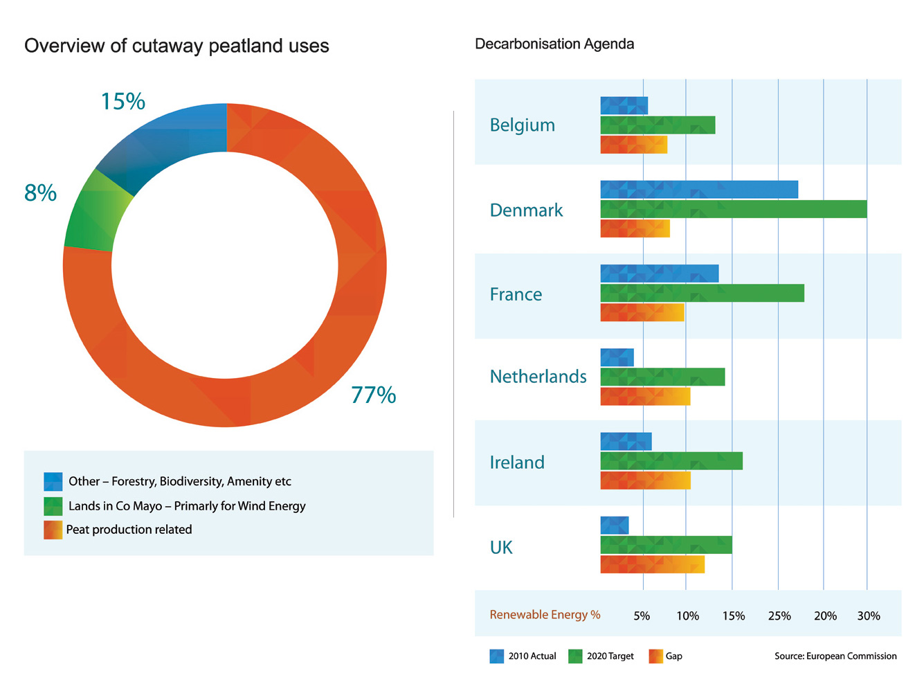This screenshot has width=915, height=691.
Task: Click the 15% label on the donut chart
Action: coord(123,102)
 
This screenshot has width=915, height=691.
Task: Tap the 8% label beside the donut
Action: coord(40,193)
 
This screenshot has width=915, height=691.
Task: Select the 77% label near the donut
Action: coord(373,395)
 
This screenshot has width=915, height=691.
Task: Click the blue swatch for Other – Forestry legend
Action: coord(53,481)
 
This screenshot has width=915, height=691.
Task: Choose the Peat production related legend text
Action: coord(129,530)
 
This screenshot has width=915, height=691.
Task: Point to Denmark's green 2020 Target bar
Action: coord(733,209)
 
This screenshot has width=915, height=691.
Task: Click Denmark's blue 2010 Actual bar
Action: coord(699,189)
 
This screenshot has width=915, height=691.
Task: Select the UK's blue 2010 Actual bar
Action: coord(614,525)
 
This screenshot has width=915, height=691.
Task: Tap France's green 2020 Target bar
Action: coord(702,294)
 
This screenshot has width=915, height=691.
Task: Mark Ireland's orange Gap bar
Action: coord(645,481)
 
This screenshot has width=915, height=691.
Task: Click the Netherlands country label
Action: coord(538,377)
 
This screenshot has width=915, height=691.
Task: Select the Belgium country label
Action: coord(522,125)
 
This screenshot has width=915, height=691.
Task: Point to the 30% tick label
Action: coord(869,616)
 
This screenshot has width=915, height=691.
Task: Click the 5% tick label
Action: coord(642,616)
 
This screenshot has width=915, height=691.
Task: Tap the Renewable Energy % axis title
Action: coord(545,615)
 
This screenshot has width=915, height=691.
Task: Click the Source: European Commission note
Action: coord(835,656)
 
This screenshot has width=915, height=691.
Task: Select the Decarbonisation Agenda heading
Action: coord(554,44)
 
